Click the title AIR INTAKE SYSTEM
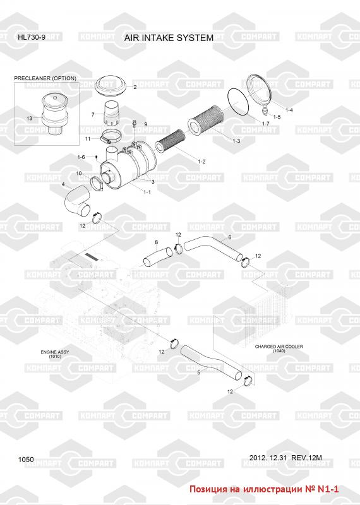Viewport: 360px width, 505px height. [x=169, y=38]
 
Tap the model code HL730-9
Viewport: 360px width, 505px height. [x=32, y=37]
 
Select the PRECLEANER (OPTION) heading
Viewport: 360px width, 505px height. [x=45, y=78]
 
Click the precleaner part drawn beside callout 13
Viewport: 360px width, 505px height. [x=55, y=114]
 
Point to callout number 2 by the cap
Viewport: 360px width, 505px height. [x=135, y=87]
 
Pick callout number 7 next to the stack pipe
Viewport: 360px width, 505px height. [x=93, y=114]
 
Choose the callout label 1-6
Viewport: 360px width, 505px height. [x=81, y=157]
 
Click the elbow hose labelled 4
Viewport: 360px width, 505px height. [x=76, y=201]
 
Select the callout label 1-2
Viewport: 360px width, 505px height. [x=201, y=162]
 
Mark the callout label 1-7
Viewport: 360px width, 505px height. [x=265, y=124]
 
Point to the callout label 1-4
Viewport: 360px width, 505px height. [x=289, y=110]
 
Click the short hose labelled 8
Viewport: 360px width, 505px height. [x=158, y=256]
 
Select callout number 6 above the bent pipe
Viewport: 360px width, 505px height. [x=229, y=237]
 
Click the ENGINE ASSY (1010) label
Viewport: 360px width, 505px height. [x=55, y=354]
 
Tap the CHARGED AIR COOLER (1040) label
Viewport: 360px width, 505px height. [x=279, y=349]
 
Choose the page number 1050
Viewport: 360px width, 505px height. [x=26, y=460]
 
